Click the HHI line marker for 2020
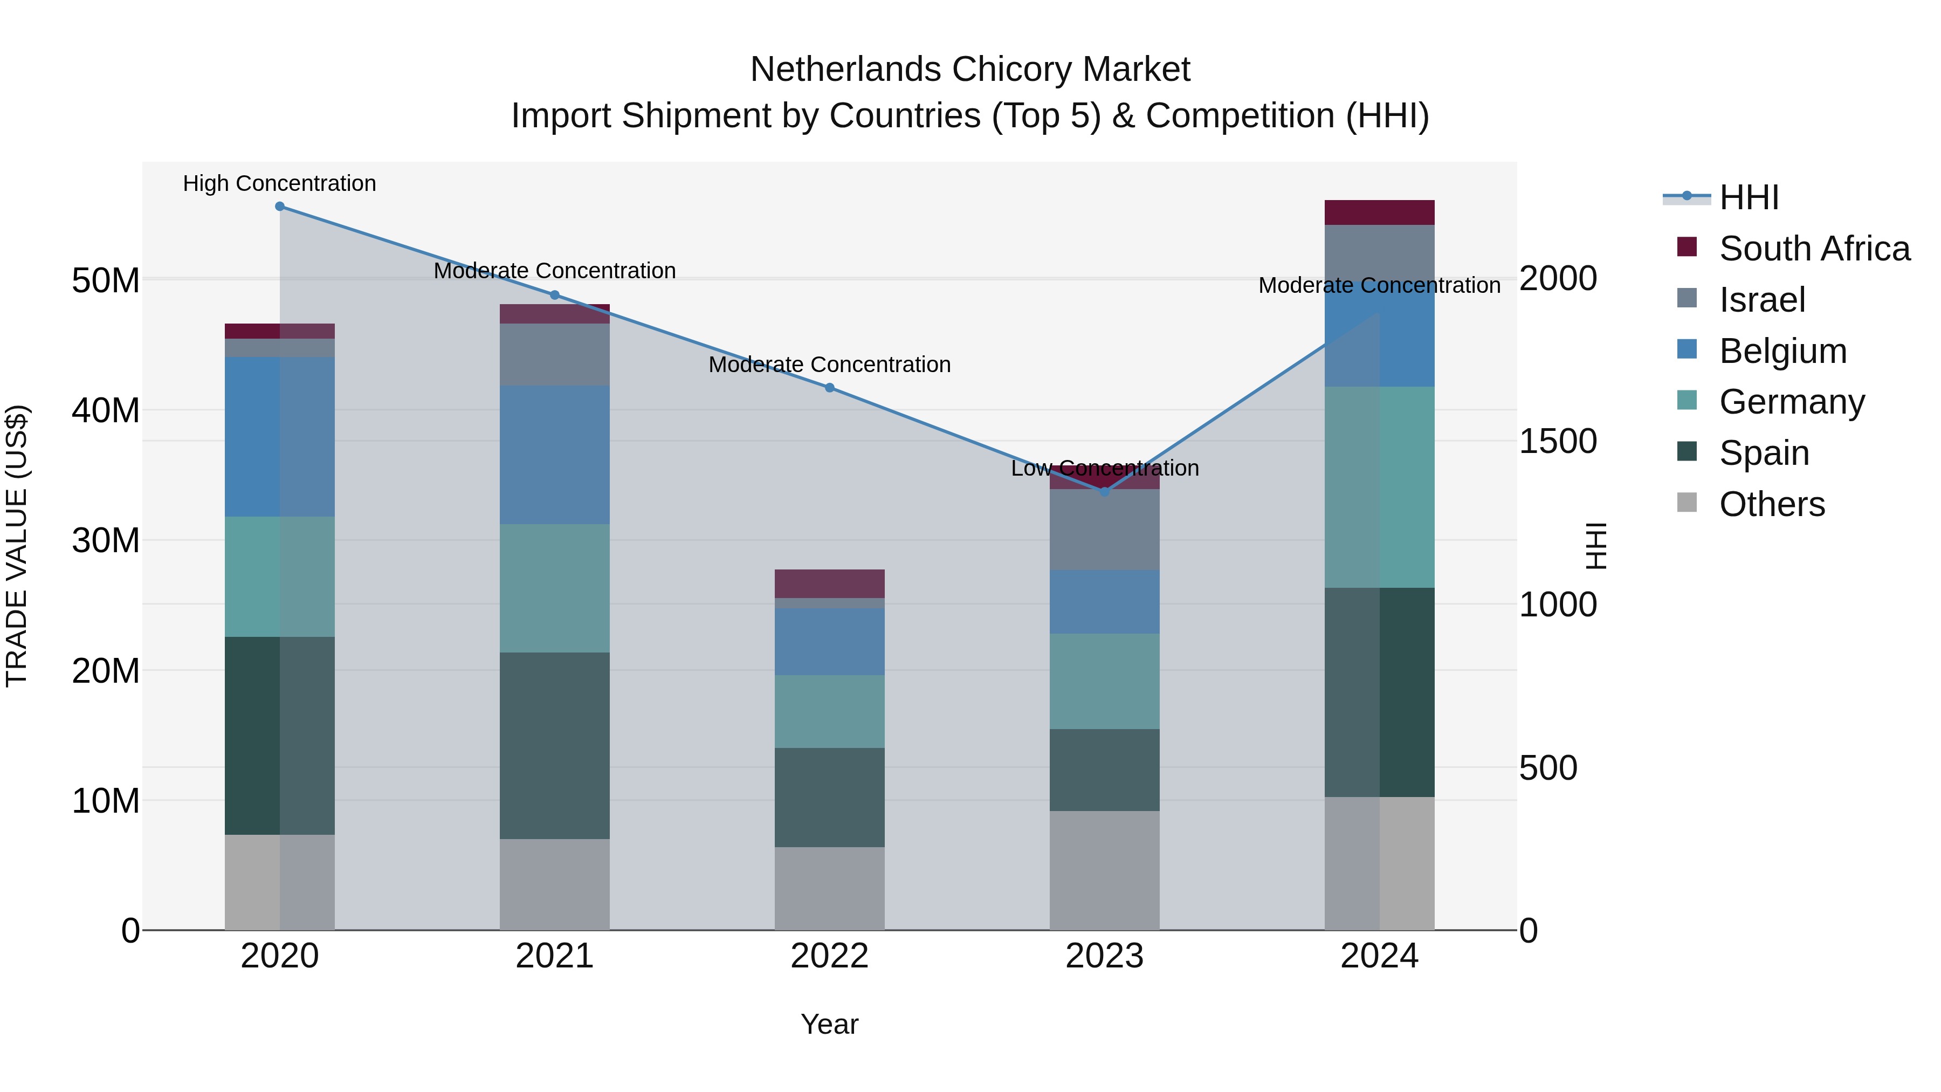[x=279, y=207]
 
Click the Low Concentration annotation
[x=1105, y=469]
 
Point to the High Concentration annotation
[x=279, y=184]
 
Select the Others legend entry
[x=1772, y=505]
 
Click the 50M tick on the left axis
[x=106, y=281]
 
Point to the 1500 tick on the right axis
[x=1558, y=442]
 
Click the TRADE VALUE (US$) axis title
[x=17, y=546]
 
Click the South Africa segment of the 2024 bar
[x=1380, y=212]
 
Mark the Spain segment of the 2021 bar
[x=555, y=746]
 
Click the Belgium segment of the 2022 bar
[x=830, y=642]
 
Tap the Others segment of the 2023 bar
[x=1105, y=870]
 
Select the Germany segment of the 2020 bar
[x=279, y=577]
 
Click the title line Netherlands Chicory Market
[x=970, y=70]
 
